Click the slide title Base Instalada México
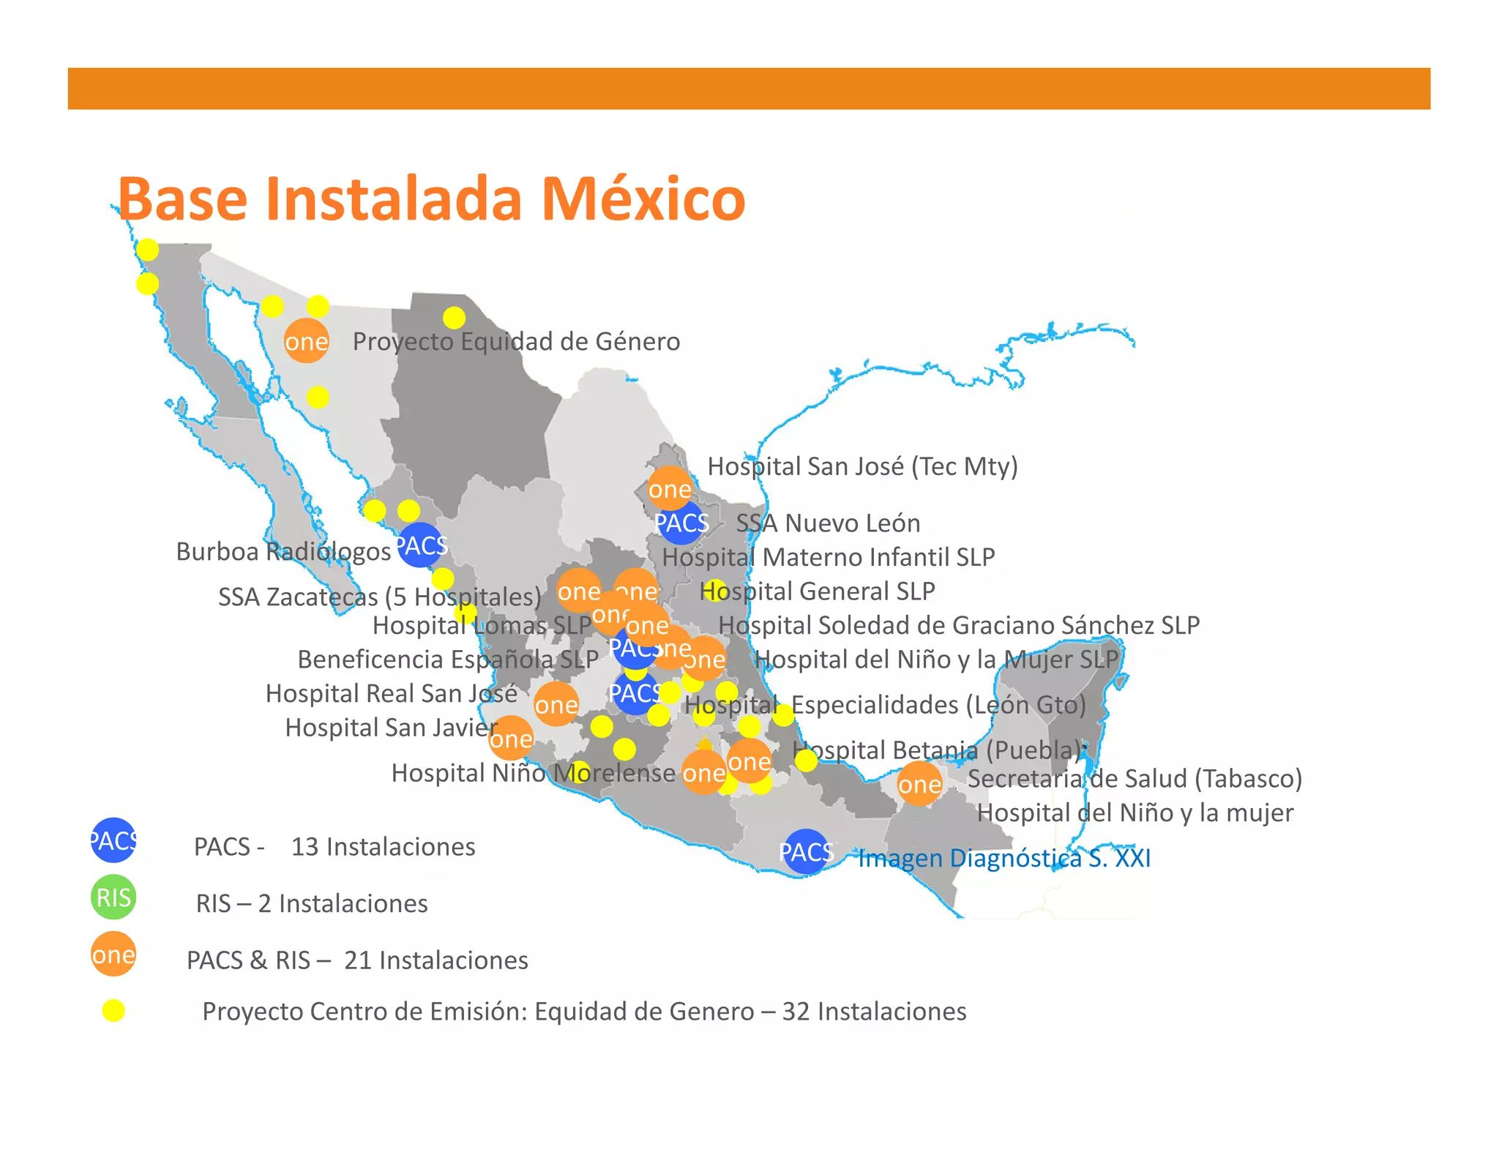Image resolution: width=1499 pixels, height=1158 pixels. pos(431,198)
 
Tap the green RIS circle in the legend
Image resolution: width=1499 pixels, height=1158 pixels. pos(113,897)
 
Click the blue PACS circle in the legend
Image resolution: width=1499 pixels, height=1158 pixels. pos(113,840)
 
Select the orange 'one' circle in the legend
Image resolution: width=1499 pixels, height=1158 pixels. pos(113,955)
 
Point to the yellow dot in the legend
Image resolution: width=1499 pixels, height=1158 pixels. pos(113,1011)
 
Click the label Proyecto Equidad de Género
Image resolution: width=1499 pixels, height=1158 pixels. pos(516,342)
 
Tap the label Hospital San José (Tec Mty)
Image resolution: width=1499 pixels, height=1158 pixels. pos(862,466)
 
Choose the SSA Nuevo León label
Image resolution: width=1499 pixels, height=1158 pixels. pos(828,523)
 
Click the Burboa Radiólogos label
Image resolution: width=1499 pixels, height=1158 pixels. pos(283,552)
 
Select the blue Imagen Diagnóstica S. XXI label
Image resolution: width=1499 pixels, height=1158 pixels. pos(1004,858)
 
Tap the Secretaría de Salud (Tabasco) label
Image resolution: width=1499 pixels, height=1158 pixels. pos(1134,779)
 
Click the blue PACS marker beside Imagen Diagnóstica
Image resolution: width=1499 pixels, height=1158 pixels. pos(806,852)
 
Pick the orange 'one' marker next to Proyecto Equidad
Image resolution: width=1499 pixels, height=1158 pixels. pos(307,341)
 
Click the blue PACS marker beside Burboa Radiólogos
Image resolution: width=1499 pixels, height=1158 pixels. pos(421,545)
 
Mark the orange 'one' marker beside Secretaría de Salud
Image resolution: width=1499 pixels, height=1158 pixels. pos(919,784)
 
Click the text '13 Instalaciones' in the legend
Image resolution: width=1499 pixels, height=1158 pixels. pos(383,847)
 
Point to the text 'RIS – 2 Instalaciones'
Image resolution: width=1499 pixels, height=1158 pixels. pos(312,904)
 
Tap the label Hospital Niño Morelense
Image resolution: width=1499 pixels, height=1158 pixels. pos(533,773)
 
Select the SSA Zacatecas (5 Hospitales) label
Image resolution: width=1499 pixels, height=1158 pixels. pos(379,597)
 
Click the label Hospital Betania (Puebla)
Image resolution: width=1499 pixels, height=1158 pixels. pos(938,750)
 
